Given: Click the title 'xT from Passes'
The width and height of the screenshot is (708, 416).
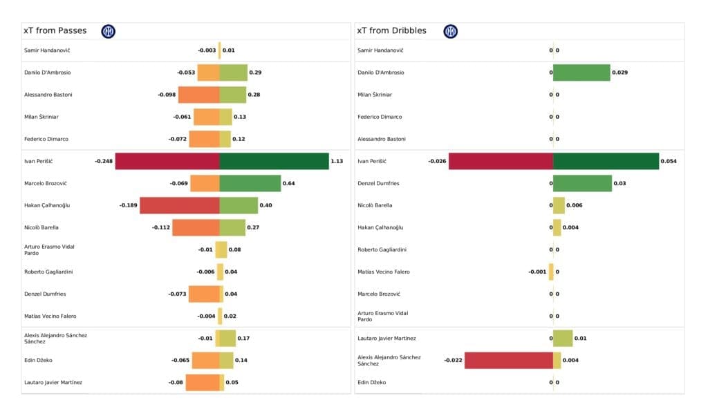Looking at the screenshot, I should tap(55, 30).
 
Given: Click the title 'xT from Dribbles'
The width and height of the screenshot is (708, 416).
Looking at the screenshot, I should tap(391, 30).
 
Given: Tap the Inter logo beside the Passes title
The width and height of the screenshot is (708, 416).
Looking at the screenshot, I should tap(109, 31).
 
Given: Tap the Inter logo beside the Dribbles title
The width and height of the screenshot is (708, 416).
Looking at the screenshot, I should tap(450, 31).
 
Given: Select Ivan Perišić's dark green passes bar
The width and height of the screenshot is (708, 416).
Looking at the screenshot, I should tap(274, 161).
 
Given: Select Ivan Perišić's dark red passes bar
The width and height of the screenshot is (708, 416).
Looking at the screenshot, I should tap(167, 161).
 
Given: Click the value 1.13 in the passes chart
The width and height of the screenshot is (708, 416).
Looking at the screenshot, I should tap(337, 161).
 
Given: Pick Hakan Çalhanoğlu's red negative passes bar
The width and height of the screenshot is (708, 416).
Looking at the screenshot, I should tap(180, 205).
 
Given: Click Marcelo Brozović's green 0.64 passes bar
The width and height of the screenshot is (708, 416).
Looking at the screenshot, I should tap(250, 183).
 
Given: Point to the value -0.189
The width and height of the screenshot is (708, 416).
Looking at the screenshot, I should tap(128, 205).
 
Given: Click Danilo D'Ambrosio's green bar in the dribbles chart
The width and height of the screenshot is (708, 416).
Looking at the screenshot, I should tap(581, 73).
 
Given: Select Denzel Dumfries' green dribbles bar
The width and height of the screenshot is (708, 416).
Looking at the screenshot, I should tap(582, 183).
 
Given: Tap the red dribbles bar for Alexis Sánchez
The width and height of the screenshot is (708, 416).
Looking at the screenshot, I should tap(509, 360).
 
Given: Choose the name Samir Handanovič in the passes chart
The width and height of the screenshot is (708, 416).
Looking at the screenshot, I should tap(47, 50).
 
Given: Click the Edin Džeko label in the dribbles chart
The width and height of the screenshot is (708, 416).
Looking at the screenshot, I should tap(372, 382).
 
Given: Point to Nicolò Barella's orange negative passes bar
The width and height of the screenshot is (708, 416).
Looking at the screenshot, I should tap(196, 227).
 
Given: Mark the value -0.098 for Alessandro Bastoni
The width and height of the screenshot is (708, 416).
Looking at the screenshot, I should tap(166, 95).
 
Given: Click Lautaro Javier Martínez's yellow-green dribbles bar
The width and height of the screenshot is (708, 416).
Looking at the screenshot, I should tap(563, 338).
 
